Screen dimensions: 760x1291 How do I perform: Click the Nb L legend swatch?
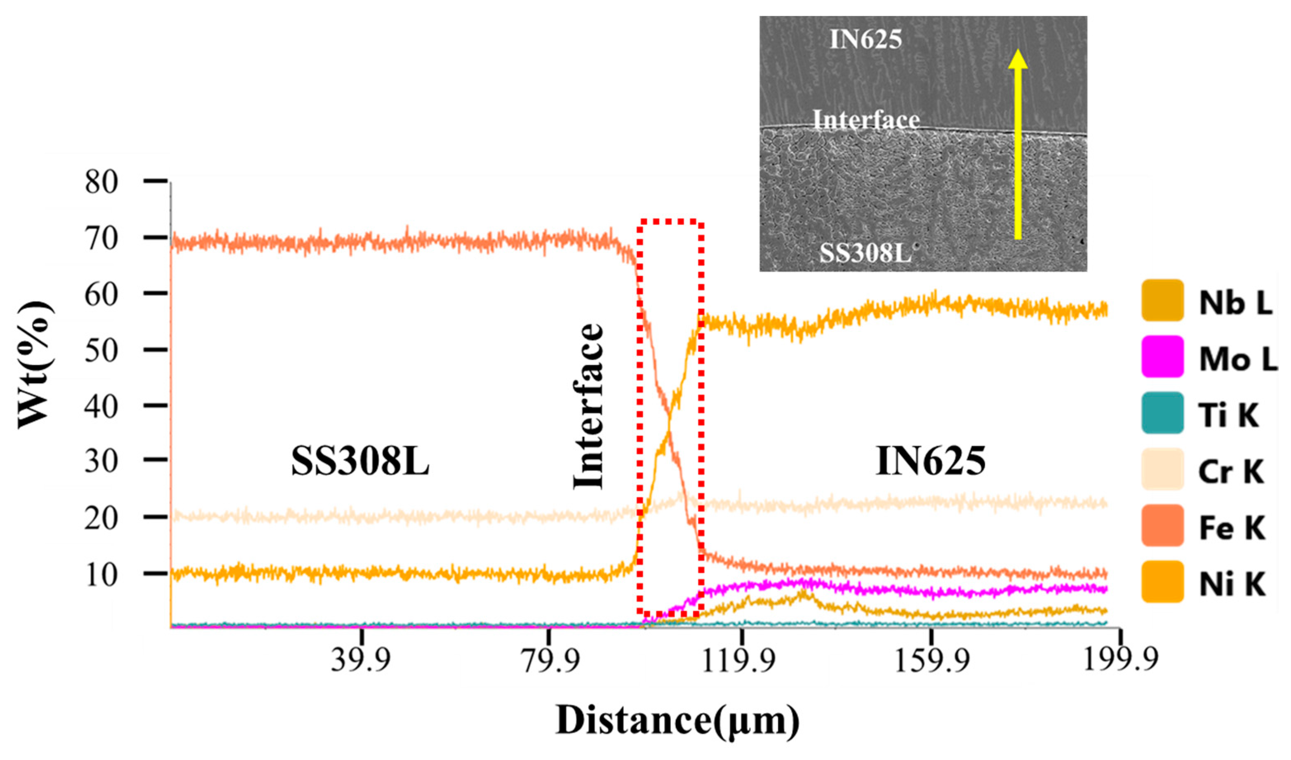(1162, 300)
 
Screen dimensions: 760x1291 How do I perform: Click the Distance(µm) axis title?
(677, 722)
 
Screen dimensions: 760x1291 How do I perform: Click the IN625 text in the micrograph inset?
(865, 40)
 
